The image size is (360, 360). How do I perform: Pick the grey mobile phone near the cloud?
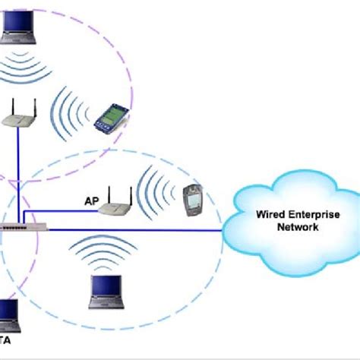pos(191,199)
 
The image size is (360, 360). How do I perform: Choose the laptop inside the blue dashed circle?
pos(106,292)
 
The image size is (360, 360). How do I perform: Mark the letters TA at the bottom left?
pos(7,338)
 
